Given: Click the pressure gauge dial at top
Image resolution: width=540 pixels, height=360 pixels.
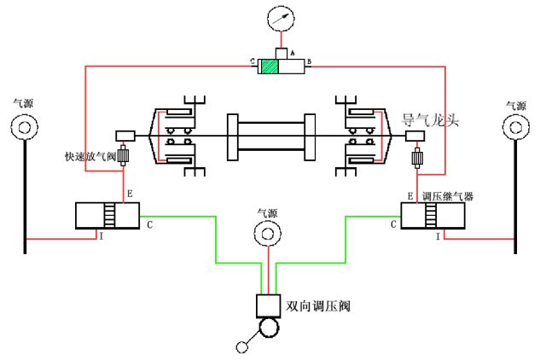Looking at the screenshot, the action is coord(281,19).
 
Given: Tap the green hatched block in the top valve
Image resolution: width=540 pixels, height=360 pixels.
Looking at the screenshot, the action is coord(270,67).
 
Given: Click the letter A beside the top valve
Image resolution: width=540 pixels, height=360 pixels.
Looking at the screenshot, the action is coord(293,53).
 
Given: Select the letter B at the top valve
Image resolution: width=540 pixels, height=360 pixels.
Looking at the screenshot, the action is coord(310,61).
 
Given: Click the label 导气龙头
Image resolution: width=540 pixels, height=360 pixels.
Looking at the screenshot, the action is coord(430,120).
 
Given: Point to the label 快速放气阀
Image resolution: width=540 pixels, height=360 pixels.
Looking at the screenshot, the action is coord(90,156).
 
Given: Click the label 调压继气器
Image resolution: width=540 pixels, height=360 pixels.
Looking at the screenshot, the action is coord(448,196).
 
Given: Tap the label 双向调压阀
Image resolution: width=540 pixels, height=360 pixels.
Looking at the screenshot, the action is coord(318,306).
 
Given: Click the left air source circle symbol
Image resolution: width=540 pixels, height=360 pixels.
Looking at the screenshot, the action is coord(25,127).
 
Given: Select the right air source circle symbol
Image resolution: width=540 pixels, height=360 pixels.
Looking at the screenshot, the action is coord(515,128).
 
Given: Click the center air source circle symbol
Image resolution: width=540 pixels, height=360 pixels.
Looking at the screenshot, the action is coord(268,234).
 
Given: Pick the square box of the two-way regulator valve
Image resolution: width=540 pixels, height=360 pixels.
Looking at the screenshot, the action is coord(268,306).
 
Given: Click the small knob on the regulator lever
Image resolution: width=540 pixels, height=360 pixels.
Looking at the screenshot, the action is coord(242,347).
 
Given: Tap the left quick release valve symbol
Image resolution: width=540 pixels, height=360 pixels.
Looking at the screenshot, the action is coord(123,155).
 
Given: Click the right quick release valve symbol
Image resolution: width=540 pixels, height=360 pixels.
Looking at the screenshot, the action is coord(417,158).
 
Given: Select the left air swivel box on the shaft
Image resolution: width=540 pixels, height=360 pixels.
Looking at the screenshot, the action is coord(125,136).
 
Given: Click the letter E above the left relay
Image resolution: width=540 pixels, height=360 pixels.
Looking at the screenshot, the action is coord(130,194).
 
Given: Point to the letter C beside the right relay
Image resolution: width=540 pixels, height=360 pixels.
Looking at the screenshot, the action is coord(393,224).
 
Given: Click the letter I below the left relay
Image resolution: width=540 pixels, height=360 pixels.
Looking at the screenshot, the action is coord(102,236).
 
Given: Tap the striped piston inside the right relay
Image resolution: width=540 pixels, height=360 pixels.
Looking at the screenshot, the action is coord(431,215).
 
